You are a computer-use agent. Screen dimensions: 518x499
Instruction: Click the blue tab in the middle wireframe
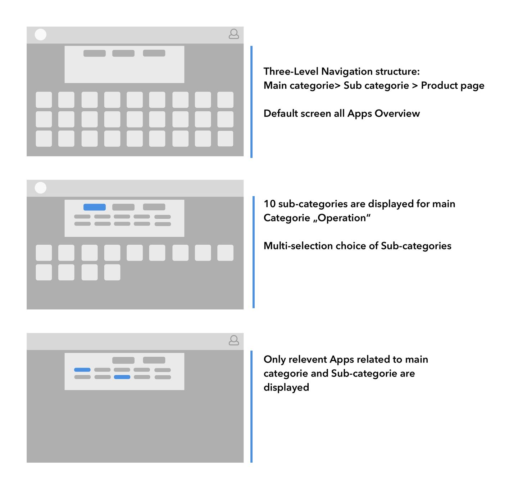tap(95, 207)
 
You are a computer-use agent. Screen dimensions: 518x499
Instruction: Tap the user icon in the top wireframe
tap(234, 34)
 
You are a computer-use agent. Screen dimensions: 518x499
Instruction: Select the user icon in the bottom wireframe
tap(234, 340)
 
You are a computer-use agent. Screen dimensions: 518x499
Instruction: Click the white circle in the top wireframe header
tap(40, 35)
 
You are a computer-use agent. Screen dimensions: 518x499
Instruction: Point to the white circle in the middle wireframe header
tap(40, 188)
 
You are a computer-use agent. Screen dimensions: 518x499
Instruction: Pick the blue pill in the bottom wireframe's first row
tap(82, 370)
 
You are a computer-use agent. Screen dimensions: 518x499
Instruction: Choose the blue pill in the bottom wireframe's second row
tap(122, 377)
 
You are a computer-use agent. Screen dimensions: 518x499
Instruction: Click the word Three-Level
tap(291, 71)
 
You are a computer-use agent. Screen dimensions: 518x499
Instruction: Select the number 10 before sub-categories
tap(269, 204)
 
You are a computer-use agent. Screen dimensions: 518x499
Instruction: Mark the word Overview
tap(397, 113)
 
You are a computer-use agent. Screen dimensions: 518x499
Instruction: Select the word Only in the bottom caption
tap(274, 360)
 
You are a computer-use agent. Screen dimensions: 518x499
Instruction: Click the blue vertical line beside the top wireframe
tap(251, 102)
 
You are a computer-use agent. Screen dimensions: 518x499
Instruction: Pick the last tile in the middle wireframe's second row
tap(112, 272)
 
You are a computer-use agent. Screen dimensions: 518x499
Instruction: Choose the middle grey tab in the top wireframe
tap(123, 53)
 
